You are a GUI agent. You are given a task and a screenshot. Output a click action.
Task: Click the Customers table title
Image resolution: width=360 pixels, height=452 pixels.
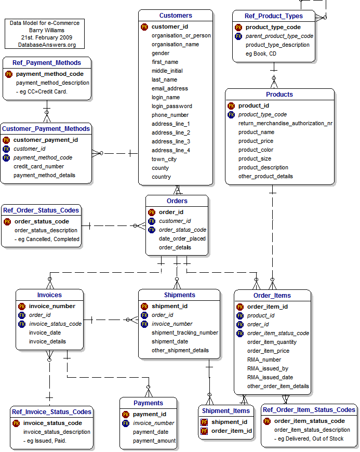176,16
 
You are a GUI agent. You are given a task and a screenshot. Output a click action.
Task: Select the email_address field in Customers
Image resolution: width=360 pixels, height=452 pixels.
170,88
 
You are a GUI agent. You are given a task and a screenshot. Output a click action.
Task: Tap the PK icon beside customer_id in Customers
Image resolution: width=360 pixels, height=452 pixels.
144,26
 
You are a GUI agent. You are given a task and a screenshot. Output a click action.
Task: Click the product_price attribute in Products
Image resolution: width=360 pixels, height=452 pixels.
256,141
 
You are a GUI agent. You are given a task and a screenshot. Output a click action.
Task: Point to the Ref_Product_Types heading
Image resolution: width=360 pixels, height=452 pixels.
273,16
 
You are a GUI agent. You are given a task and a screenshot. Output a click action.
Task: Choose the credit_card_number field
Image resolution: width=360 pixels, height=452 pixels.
38,166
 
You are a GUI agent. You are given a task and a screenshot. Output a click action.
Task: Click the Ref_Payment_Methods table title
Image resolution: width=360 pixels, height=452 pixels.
47,63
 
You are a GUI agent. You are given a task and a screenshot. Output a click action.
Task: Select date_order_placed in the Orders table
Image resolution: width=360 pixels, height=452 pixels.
182,238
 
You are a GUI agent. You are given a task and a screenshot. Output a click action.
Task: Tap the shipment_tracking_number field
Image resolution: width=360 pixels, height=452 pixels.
184,333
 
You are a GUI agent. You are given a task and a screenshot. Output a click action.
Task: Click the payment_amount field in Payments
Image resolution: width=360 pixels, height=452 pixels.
154,441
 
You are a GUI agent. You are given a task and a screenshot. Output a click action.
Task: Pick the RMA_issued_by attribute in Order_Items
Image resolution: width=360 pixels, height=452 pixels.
268,368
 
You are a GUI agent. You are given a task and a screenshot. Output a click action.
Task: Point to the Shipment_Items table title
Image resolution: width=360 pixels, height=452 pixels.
226,410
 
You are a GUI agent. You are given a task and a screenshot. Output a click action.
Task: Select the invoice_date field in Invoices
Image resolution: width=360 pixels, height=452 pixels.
45,333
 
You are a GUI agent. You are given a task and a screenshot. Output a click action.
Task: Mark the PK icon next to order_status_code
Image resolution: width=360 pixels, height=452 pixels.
7,221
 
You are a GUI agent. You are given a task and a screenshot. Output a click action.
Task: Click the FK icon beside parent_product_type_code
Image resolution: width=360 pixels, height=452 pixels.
238,36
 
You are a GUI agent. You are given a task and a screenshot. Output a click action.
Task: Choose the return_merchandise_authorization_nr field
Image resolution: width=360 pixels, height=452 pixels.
285,123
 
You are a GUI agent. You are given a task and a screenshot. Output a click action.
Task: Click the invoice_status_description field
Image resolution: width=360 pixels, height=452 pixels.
57,432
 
